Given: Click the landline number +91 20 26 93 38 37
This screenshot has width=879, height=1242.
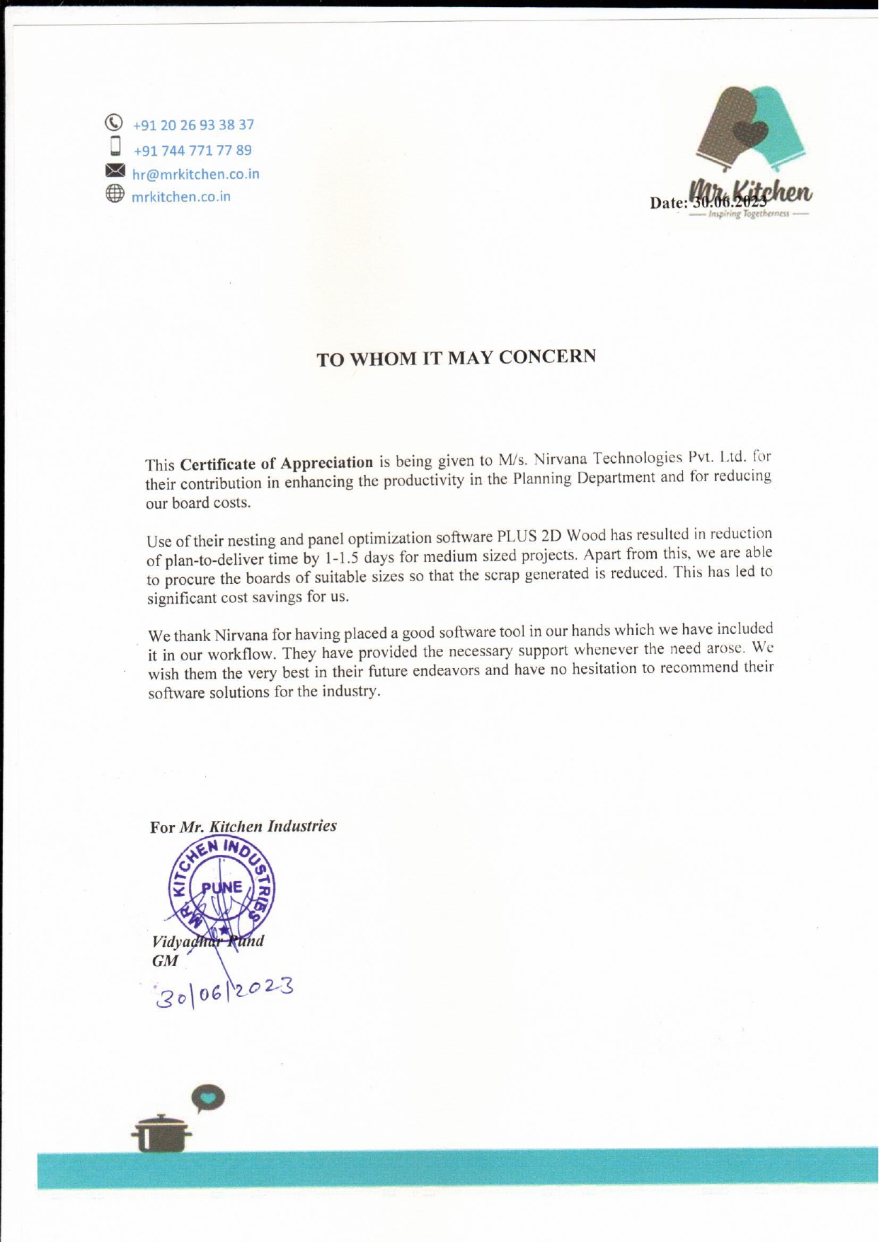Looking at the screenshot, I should point(193,125).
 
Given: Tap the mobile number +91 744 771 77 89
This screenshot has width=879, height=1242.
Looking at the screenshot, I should point(193,151).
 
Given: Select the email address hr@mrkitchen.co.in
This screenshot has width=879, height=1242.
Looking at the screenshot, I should point(196,174).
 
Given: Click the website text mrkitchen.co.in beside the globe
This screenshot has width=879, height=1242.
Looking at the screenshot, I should point(181,197).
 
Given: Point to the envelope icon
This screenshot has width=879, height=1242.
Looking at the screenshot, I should point(115,171).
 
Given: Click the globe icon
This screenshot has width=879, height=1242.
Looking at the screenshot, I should point(115,193).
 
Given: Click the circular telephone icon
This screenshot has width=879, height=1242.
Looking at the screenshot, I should point(114,122).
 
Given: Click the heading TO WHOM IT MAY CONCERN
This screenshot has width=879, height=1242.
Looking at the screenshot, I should point(456,357).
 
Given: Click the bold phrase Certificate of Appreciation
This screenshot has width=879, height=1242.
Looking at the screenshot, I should point(277,464).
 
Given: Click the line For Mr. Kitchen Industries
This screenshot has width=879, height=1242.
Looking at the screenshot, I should point(243,827).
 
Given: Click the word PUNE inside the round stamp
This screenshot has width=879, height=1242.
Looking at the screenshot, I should point(222,887).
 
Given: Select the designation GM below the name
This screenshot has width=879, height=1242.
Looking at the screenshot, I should point(165,961).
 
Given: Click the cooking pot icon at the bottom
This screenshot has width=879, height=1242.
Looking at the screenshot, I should point(162,1133).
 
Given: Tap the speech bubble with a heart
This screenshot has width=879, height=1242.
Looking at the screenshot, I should point(208,1098).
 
